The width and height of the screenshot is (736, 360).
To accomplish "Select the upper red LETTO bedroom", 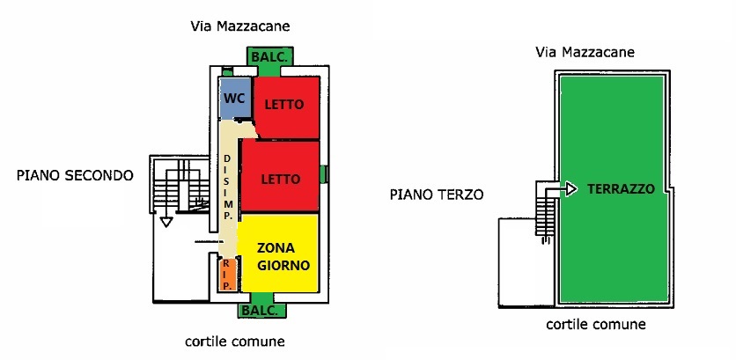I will [x=285, y=106].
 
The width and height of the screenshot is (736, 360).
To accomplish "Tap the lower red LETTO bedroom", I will [x=280, y=177].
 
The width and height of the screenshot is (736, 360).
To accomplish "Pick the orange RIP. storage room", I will [x=225, y=274].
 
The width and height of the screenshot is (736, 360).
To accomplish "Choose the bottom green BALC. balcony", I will [x=262, y=311].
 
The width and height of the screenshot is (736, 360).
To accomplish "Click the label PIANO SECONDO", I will [x=75, y=175].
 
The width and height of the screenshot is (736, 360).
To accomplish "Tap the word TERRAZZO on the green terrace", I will [x=622, y=188].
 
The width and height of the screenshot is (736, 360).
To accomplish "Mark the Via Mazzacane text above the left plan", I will [x=240, y=26].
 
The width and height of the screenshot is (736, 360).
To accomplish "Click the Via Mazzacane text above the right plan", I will [x=585, y=53].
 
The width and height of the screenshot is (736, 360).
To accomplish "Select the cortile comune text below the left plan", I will [x=235, y=341].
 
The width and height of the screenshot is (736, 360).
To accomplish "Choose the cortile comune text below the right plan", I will [x=596, y=324].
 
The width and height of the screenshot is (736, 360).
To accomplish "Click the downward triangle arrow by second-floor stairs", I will [x=165, y=222].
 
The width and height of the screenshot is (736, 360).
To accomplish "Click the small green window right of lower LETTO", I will [x=324, y=174].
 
